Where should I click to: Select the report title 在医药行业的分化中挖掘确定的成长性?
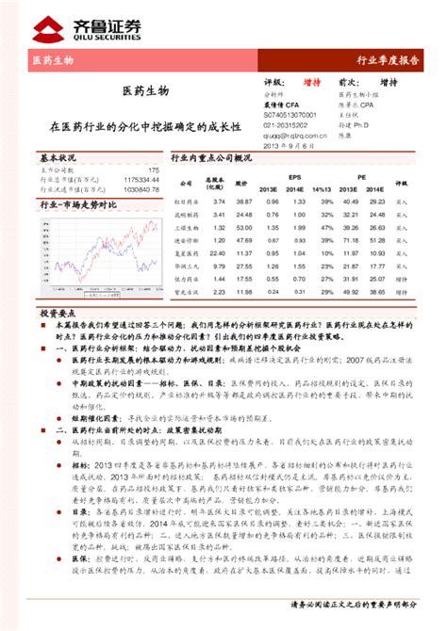point(145,124)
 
